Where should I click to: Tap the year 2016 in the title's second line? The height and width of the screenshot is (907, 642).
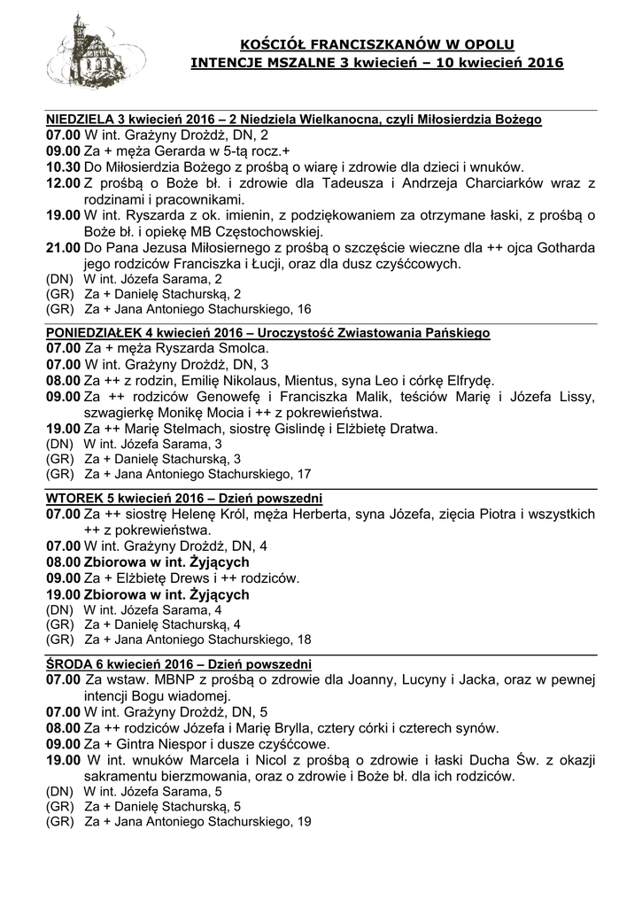[545, 64]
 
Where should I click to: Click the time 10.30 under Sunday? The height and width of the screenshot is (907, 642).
[63, 167]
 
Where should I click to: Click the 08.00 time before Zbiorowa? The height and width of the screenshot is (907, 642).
[63, 562]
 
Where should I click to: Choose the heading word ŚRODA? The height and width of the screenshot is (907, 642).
[69, 663]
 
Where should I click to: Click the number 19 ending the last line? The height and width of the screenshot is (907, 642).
[304, 822]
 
